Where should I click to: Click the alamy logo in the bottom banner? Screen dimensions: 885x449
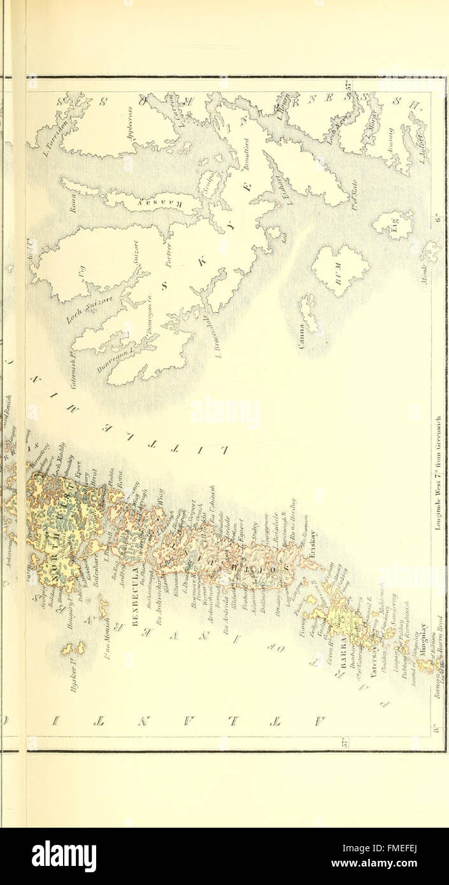pos(63,856)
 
